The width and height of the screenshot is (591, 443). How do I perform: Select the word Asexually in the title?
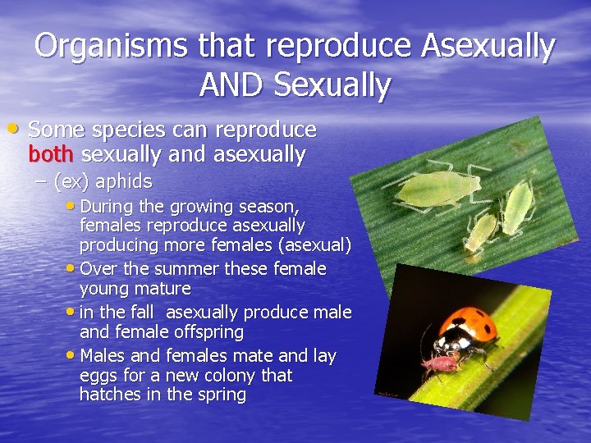(x=488, y=46)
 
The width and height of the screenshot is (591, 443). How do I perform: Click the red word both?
(x=52, y=153)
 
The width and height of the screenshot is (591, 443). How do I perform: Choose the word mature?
(x=164, y=289)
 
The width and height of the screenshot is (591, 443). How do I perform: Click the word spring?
(x=220, y=395)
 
